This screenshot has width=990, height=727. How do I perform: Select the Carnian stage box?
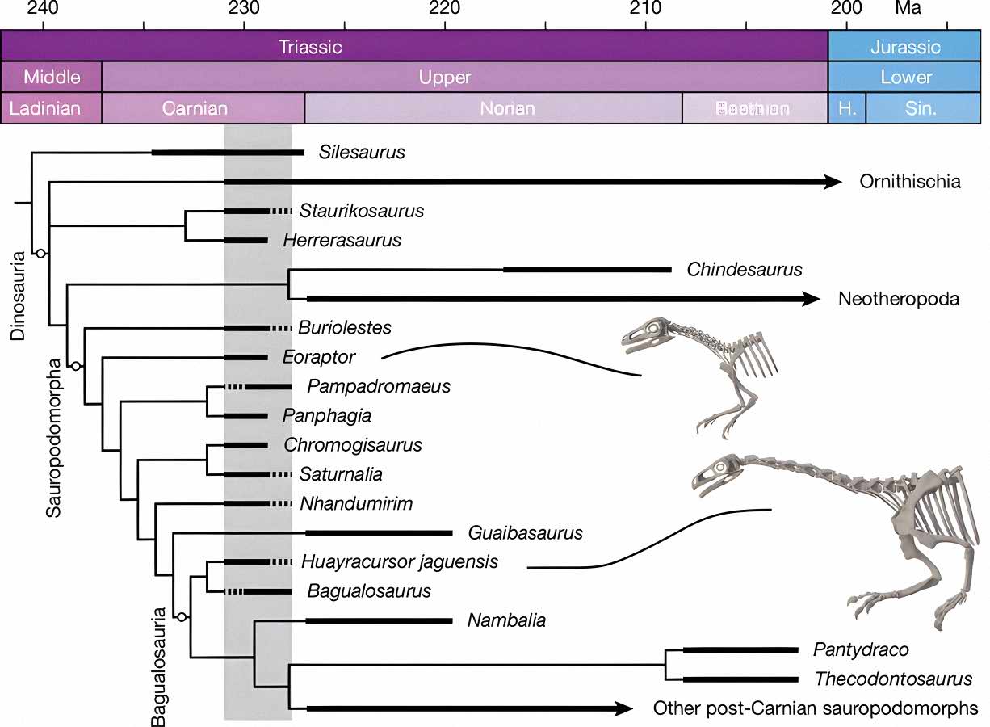(195, 108)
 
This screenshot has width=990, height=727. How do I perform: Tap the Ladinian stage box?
(51, 108)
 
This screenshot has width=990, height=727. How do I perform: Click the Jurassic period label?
(905, 46)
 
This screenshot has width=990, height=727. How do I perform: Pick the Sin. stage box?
(921, 108)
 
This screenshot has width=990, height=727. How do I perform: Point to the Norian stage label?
(507, 108)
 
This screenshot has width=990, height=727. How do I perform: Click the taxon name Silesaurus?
(362, 152)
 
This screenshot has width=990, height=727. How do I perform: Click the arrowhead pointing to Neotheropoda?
(811, 299)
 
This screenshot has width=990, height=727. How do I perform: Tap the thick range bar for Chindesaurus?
(587, 269)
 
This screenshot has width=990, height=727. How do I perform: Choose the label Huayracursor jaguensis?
(400, 561)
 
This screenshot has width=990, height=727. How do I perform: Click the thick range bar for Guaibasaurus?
(379, 533)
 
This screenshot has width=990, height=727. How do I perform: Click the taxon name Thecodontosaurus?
(893, 679)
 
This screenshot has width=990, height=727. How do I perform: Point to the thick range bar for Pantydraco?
(740, 649)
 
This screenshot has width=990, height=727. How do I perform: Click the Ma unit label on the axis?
(908, 10)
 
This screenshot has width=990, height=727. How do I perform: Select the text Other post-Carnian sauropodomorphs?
(816, 709)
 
